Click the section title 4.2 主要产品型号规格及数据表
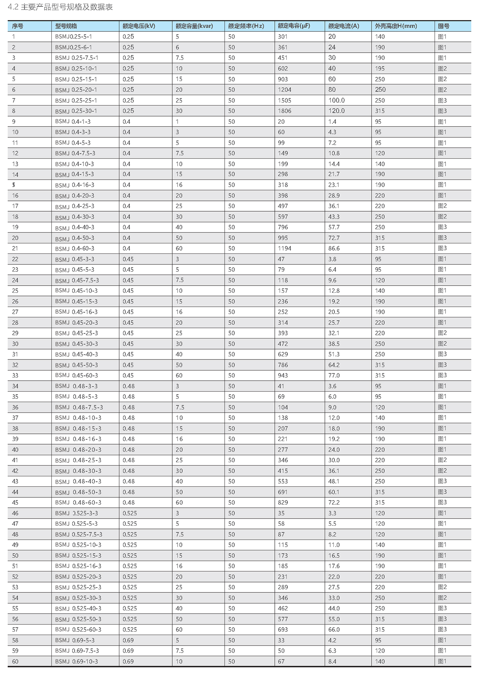pyautogui.click(x=61, y=7)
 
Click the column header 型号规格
pyautogui.click(x=66, y=26)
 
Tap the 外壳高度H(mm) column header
pyautogui.click(x=396, y=26)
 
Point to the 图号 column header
pyautogui.click(x=443, y=26)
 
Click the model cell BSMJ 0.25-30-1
pyautogui.click(x=76, y=111)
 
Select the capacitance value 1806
pyautogui.click(x=284, y=111)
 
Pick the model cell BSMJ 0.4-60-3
pyautogui.click(x=75, y=249)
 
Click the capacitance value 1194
pyautogui.click(x=284, y=249)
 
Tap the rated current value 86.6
pyautogui.click(x=334, y=249)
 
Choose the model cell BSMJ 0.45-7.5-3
pyautogui.click(x=77, y=280)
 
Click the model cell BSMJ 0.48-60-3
pyautogui.click(x=78, y=502)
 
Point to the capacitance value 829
pyautogui.click(x=283, y=502)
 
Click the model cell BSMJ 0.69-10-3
pyautogui.click(x=76, y=662)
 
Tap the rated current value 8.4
pyautogui.click(x=332, y=662)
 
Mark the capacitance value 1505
pyautogui.click(x=284, y=100)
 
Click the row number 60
pyautogui.click(x=15, y=662)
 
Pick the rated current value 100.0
pyautogui.click(x=336, y=100)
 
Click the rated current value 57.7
pyautogui.click(x=334, y=227)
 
